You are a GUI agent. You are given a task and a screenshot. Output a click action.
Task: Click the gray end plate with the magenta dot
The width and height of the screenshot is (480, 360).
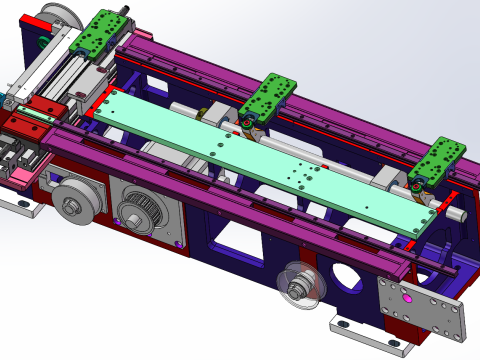[422, 311]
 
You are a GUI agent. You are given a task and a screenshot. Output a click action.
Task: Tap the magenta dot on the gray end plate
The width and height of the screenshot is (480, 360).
[406, 297]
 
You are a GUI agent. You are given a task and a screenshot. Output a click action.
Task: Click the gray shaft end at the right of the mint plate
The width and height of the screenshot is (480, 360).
[454, 213]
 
